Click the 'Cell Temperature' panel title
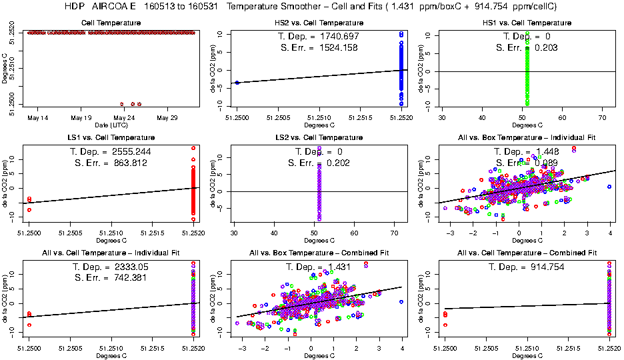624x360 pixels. (x=111, y=23)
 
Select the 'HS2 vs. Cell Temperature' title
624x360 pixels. (x=319, y=23)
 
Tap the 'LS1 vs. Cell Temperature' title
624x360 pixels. (x=111, y=138)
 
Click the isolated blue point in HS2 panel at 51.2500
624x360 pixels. (x=237, y=82)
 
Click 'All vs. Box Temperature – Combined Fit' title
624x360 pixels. (x=319, y=253)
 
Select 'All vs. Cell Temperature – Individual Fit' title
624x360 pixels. (x=111, y=253)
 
